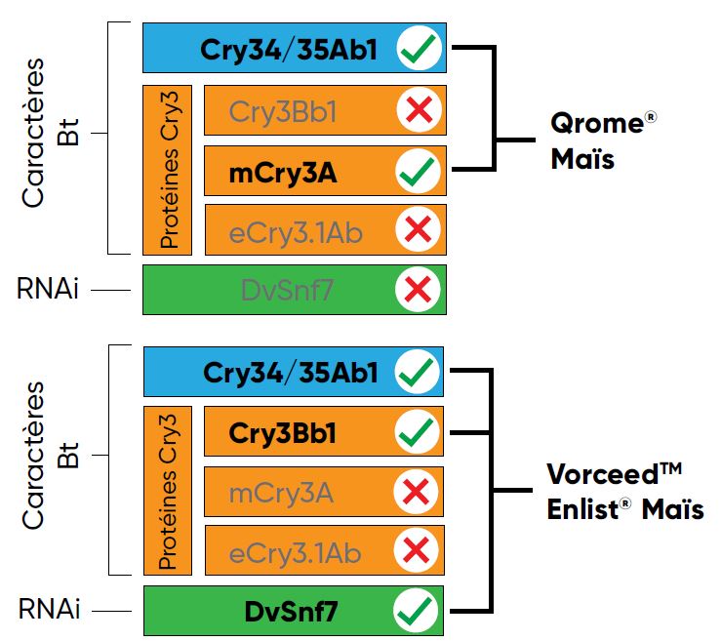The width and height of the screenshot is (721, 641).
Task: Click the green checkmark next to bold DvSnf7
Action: [x=417, y=613]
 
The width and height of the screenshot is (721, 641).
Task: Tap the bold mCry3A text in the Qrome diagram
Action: [x=283, y=173]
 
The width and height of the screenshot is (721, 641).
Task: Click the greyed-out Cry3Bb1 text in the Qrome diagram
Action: [x=283, y=112]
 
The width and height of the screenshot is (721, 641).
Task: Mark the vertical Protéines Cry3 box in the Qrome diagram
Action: [x=168, y=169]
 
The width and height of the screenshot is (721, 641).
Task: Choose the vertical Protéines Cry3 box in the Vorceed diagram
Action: [x=168, y=491]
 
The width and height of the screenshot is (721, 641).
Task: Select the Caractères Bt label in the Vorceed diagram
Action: [x=49, y=457]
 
